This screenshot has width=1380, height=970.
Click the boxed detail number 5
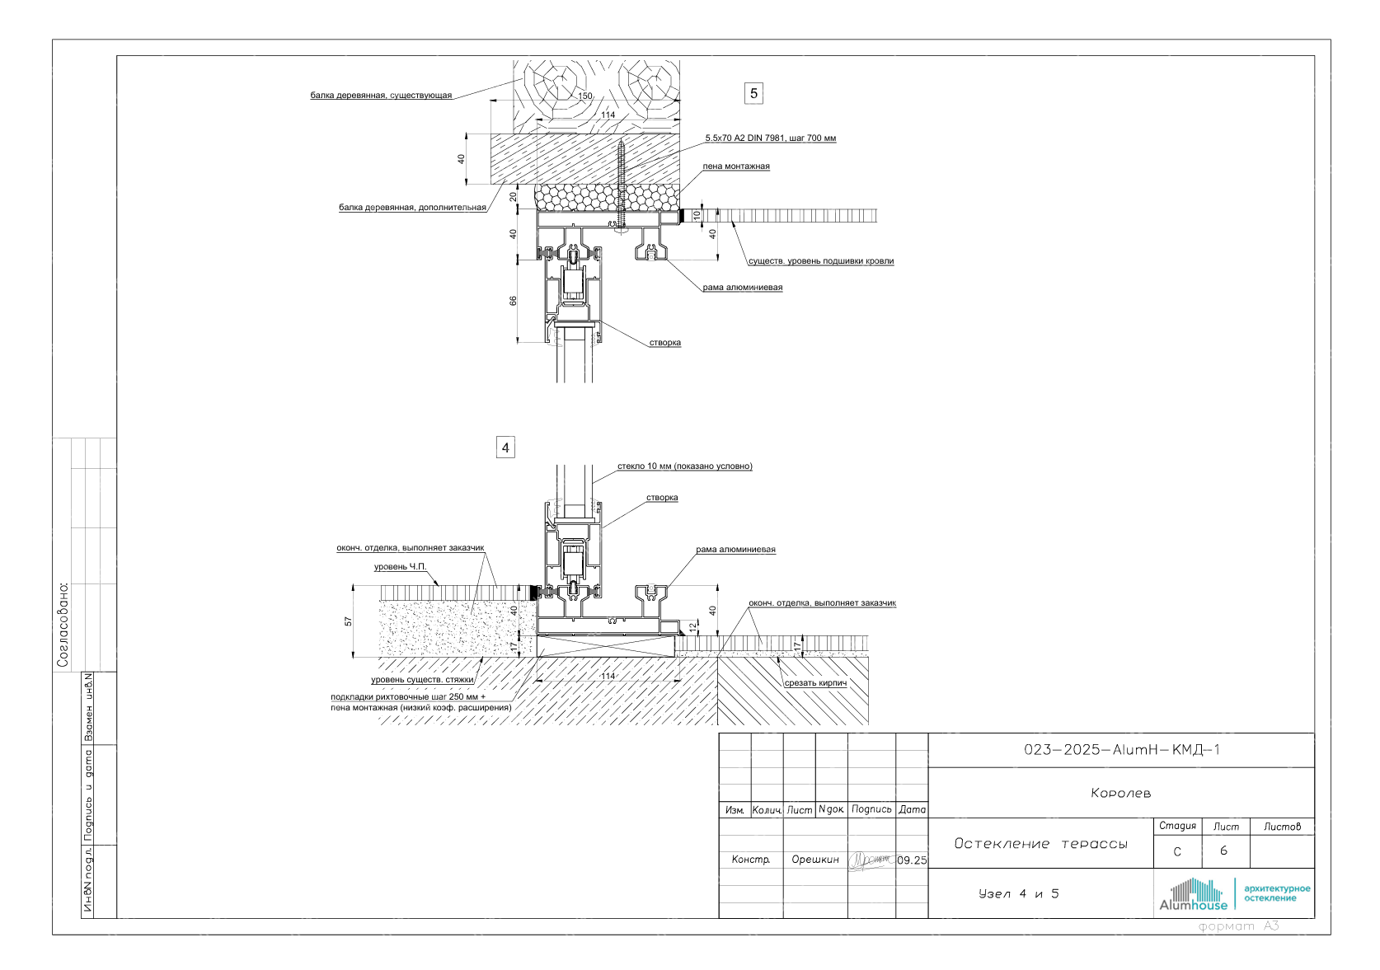(x=753, y=93)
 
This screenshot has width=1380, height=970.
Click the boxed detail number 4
(x=505, y=448)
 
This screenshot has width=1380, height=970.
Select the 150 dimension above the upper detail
(x=584, y=96)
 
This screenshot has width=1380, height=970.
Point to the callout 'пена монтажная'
(x=736, y=166)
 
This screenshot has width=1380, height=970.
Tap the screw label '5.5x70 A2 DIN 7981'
(x=770, y=138)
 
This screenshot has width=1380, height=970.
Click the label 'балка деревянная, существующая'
(x=381, y=96)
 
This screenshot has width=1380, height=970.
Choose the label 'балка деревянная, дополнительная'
(x=412, y=208)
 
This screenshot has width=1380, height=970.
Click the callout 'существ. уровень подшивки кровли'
(x=820, y=261)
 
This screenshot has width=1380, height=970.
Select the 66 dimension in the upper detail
(x=514, y=302)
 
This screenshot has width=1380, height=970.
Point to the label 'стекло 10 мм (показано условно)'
(x=684, y=466)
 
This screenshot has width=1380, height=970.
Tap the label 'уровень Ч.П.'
(x=401, y=567)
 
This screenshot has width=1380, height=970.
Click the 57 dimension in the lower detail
(x=349, y=621)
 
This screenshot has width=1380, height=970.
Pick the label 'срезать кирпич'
(x=815, y=683)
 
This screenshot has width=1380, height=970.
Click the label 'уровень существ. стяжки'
(x=422, y=680)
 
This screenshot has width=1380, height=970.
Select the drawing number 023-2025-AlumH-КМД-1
(x=1121, y=750)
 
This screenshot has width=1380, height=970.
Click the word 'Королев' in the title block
(x=1120, y=794)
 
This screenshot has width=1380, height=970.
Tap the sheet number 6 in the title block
(x=1223, y=851)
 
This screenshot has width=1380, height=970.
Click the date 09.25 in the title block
(x=912, y=860)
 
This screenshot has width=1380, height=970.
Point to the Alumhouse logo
(x=1193, y=895)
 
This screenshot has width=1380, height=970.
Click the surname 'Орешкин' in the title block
(x=815, y=860)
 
